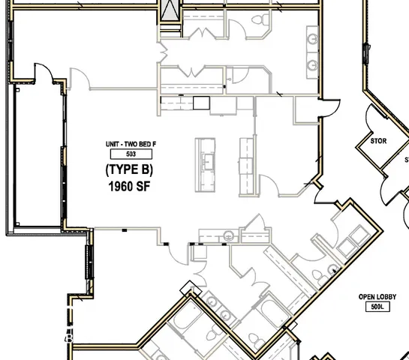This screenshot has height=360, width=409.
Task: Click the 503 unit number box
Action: [131, 154]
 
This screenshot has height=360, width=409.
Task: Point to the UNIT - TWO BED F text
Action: [131, 143]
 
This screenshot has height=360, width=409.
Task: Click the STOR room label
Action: [379, 141]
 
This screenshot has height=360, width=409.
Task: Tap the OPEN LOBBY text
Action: [377, 297]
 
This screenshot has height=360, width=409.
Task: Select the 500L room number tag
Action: [377, 307]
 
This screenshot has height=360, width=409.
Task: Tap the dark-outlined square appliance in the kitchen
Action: [200, 103]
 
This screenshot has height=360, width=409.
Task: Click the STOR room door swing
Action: [373, 119]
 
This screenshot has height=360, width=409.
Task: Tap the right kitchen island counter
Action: [245, 165]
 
